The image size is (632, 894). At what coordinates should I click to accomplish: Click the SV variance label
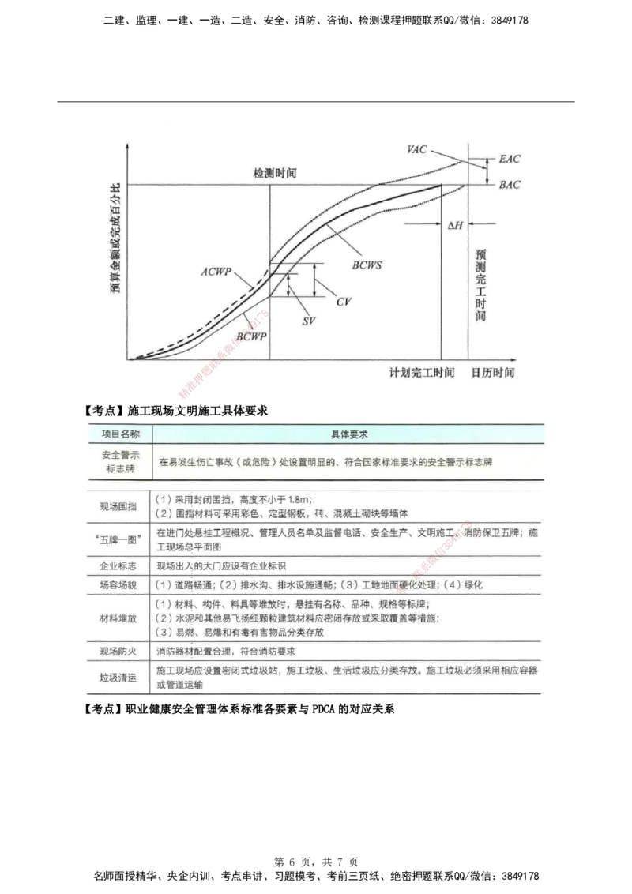point(310,321)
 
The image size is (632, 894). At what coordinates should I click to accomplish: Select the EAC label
point(510,159)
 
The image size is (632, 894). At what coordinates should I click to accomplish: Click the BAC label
point(510,185)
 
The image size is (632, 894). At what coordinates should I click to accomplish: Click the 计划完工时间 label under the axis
point(421,372)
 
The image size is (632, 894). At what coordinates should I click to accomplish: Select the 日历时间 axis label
point(494,372)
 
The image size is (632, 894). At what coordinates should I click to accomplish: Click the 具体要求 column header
point(348,434)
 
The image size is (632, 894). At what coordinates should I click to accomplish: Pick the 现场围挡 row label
point(118,506)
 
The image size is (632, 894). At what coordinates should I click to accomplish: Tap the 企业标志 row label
point(118,566)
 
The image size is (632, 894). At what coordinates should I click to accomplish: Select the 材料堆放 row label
point(118,618)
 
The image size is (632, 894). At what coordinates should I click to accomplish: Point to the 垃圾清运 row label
point(118,678)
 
